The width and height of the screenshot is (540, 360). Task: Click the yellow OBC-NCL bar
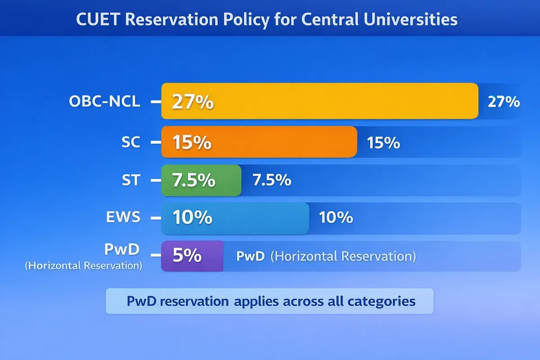click(319, 101)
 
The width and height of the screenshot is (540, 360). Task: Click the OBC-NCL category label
click(104, 102)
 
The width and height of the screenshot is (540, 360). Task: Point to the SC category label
click(130, 142)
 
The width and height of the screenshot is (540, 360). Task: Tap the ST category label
click(131, 180)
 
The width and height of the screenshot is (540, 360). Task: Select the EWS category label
click(123, 218)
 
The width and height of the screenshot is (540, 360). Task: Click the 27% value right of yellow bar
click(504, 102)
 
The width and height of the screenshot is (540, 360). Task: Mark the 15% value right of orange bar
click(383, 143)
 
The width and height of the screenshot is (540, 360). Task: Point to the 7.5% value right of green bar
click(272, 180)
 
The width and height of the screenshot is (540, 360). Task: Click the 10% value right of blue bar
click(336, 218)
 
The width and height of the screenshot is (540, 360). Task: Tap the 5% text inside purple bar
click(187, 256)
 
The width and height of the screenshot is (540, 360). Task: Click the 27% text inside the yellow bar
click(193, 103)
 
